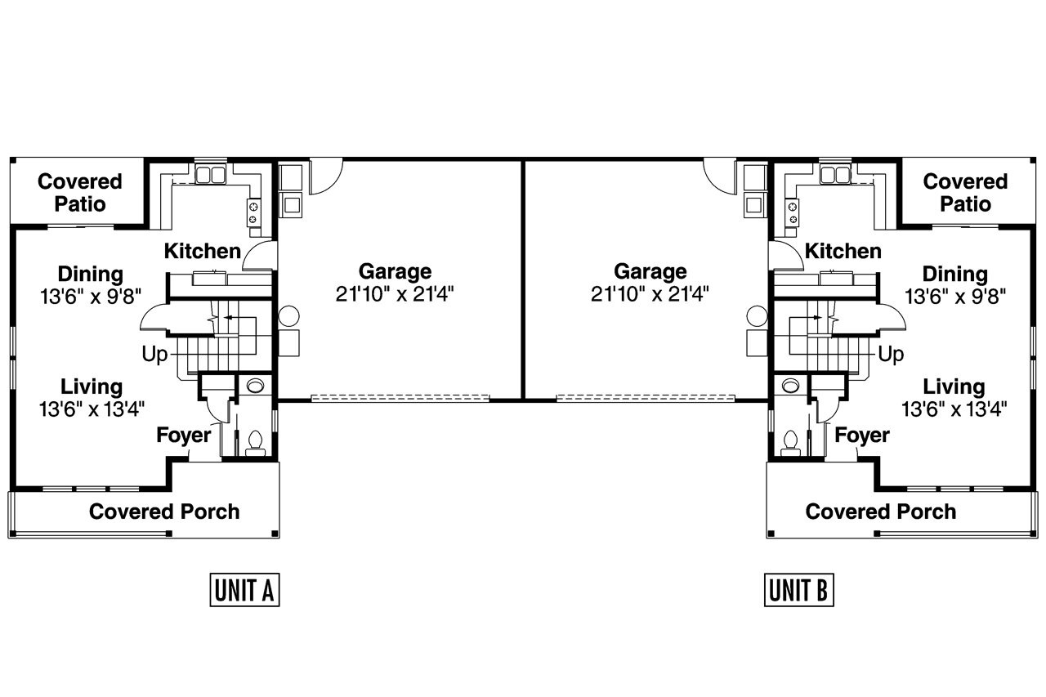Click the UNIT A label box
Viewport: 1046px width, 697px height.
pyautogui.click(x=245, y=590)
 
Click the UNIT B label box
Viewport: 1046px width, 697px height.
pyautogui.click(x=800, y=590)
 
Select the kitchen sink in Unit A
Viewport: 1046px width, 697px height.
pyautogui.click(x=210, y=174)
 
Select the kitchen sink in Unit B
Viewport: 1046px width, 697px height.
pyautogui.click(x=835, y=174)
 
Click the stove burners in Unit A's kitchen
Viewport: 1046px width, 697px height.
pyautogui.click(x=253, y=212)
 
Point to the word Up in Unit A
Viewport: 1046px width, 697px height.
pyautogui.click(x=154, y=355)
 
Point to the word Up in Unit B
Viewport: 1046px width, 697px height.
pyautogui.click(x=891, y=355)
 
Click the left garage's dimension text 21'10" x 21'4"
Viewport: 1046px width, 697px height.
pyautogui.click(x=395, y=293)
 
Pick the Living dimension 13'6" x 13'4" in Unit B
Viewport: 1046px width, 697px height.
pyautogui.click(x=954, y=409)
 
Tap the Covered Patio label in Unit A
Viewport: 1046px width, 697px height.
pyautogui.click(x=80, y=192)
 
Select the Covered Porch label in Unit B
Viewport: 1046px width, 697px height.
pyautogui.click(x=880, y=512)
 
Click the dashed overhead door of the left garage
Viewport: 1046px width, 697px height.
pyautogui.click(x=400, y=399)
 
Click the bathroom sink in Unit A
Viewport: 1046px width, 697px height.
pyautogui.click(x=254, y=385)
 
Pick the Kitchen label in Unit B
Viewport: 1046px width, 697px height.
pyautogui.click(x=843, y=251)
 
